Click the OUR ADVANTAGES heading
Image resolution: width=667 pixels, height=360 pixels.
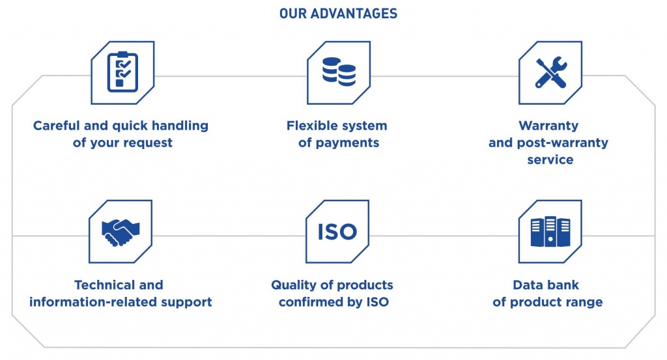point(338,14)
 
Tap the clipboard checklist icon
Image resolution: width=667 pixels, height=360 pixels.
point(122,72)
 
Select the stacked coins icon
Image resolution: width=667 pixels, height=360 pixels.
point(339,72)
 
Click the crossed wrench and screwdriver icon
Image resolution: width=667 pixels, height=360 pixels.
point(551,72)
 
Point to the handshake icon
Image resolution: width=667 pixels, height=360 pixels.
point(121,232)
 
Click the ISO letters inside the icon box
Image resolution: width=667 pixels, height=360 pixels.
point(337,232)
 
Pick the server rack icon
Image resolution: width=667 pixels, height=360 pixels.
point(550,232)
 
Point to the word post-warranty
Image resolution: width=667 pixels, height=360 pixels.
point(562,143)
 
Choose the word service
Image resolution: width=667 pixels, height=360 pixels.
point(550,159)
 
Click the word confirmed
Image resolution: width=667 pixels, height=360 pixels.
point(312,302)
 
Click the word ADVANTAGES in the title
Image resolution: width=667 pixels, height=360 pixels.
point(354,14)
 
